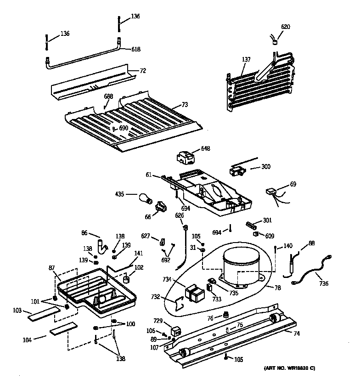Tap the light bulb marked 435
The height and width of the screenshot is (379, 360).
[x=146, y=198]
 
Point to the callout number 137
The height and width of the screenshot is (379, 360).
[x=246, y=59]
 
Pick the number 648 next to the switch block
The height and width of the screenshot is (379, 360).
[x=205, y=149]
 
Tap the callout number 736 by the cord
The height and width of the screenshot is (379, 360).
[x=324, y=283]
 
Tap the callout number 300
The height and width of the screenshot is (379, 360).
[x=266, y=168]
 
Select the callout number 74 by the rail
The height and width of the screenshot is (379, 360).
[x=296, y=334]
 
